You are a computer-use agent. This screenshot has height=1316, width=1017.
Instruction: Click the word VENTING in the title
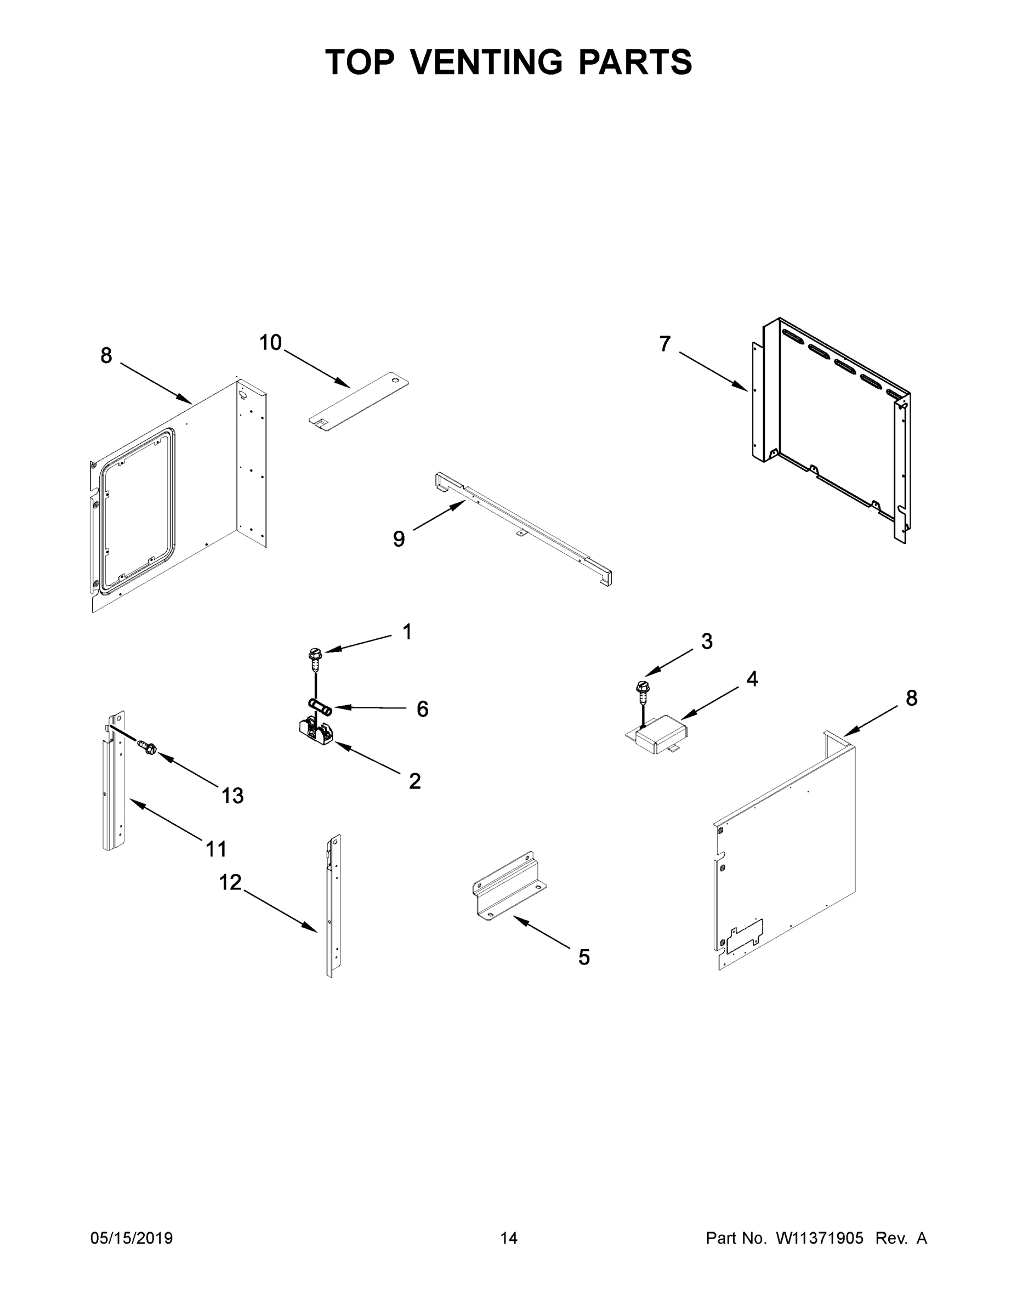(487, 62)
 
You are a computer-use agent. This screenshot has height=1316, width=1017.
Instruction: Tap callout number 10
(270, 343)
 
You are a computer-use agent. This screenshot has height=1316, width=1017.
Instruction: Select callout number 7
(664, 344)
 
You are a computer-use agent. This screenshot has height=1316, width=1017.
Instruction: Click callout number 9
(399, 538)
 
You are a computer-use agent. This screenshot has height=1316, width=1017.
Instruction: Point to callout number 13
(232, 796)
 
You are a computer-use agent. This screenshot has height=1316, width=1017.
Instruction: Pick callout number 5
(584, 957)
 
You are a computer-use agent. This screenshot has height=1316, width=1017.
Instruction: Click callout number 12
(230, 883)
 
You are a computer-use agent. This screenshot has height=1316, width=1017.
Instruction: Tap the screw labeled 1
(315, 659)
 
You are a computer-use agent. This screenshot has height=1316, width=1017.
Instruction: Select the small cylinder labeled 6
(320, 706)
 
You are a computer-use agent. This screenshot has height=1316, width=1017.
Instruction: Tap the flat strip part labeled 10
(359, 401)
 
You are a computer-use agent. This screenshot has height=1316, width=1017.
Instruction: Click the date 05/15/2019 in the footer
(132, 1238)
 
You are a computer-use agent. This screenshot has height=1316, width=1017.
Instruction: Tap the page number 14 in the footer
(509, 1238)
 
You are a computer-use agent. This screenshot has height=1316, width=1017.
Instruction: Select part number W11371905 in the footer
(820, 1238)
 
